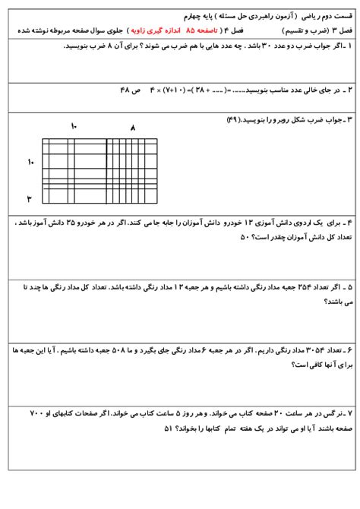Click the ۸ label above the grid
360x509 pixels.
(x=132, y=128)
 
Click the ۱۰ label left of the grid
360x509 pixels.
(x=31, y=162)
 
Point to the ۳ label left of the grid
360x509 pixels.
(x=30, y=199)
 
